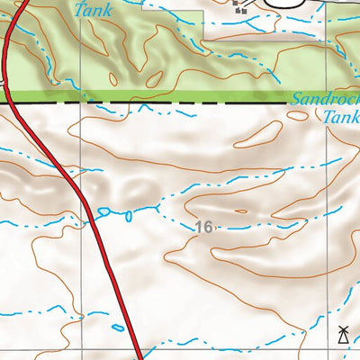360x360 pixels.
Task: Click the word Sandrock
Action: [x=326, y=101]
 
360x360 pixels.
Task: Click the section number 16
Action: [x=203, y=228]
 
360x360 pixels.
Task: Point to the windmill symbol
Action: [x=342, y=337]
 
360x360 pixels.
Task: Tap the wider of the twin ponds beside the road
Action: [x=104, y=212]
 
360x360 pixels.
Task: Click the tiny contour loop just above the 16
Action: [x=239, y=211]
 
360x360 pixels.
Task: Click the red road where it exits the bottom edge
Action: [x=140, y=356]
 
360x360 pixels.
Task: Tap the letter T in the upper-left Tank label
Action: [x=79, y=11]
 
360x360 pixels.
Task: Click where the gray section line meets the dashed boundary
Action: [x=83, y=103]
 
